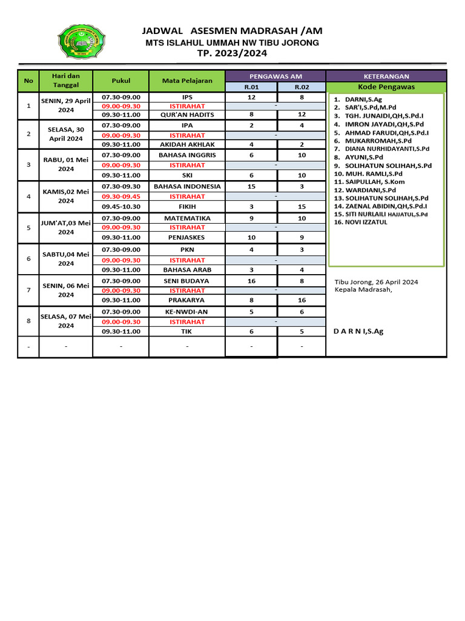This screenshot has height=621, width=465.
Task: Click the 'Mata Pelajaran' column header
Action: point(187,81)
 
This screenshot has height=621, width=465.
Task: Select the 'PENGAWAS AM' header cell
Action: point(275,76)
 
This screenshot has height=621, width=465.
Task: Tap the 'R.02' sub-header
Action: point(302,87)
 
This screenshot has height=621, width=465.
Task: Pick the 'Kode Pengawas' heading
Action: point(386,87)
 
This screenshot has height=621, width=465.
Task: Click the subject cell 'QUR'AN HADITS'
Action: point(187,114)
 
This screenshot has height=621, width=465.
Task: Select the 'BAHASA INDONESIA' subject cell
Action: point(187,186)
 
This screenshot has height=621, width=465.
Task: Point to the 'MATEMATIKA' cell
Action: point(187,218)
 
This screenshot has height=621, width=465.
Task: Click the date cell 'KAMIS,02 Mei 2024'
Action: point(66,196)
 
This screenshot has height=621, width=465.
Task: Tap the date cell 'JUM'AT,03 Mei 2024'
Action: point(66,227)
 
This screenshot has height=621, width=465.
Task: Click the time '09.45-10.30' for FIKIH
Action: point(121,206)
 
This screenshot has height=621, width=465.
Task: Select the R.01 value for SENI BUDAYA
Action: point(251,281)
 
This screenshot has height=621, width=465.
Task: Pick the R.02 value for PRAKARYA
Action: point(302,300)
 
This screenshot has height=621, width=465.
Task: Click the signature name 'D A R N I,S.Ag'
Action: point(359,331)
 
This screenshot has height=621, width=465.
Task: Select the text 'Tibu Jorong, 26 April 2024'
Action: point(376,281)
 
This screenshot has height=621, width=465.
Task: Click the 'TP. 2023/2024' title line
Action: point(232,53)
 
